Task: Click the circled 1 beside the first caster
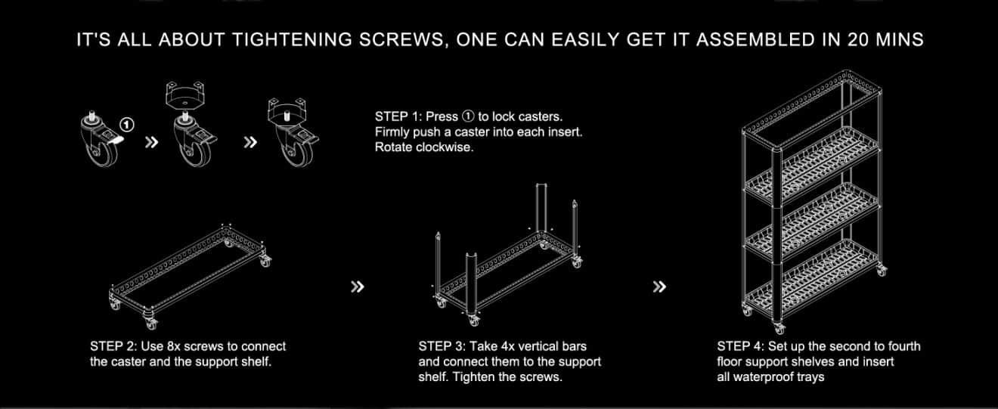(127, 125)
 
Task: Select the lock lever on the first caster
(116, 141)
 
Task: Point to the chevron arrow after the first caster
(152, 142)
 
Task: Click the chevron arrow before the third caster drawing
(251, 142)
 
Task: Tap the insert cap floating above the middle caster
(185, 95)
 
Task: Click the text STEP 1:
(398, 116)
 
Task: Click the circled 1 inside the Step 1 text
(468, 116)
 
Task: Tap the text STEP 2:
(113, 346)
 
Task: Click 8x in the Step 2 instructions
(174, 346)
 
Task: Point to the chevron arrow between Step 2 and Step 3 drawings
(358, 287)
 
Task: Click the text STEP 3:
(442, 346)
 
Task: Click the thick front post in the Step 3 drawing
(472, 285)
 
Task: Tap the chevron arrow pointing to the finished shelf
(659, 287)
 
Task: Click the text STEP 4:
(741, 346)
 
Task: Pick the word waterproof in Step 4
(769, 377)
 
